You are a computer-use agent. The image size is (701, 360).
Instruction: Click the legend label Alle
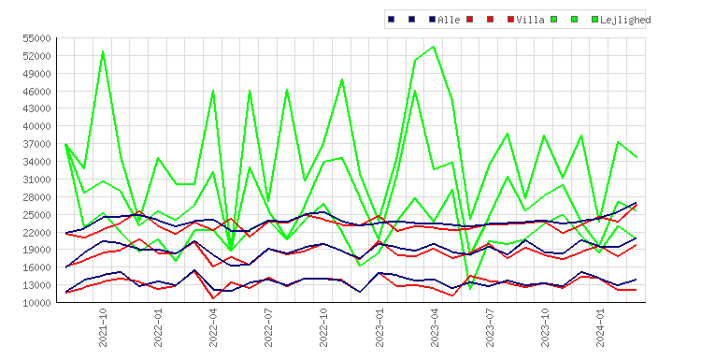pyautogui.click(x=449, y=20)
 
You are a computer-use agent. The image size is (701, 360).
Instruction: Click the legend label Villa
pyautogui.click(x=530, y=20)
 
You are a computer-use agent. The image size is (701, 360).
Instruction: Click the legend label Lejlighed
pyautogui.click(x=625, y=21)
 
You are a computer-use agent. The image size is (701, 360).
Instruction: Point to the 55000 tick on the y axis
pyautogui.click(x=36, y=38)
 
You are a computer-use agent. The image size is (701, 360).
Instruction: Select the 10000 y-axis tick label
pyautogui.click(x=36, y=303)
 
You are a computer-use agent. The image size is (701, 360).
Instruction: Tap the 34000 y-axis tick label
pyautogui.click(x=36, y=162)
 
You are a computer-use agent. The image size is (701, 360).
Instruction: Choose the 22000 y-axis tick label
pyautogui.click(x=36, y=232)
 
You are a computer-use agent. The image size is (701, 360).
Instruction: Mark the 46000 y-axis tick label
pyautogui.click(x=36, y=92)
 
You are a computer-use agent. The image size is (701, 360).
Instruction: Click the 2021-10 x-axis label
pyautogui.click(x=103, y=327)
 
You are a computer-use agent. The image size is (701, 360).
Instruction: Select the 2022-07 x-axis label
pyautogui.click(x=268, y=327)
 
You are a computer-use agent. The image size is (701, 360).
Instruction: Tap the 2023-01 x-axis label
pyautogui.click(x=379, y=327)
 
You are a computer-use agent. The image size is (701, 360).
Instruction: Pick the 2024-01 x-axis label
pyautogui.click(x=600, y=327)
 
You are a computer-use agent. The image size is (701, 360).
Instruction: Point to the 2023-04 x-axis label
pyautogui.click(x=435, y=327)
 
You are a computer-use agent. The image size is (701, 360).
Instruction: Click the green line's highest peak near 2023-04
pyautogui.click(x=434, y=47)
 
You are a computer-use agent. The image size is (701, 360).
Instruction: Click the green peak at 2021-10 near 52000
pyautogui.click(x=103, y=51)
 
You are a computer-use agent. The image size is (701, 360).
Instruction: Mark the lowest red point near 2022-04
pyautogui.click(x=213, y=298)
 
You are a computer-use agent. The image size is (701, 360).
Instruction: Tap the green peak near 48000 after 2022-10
pyautogui.click(x=342, y=79)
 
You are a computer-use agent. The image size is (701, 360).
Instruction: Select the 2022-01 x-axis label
pyautogui.click(x=158, y=327)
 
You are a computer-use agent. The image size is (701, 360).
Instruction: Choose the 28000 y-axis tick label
pyautogui.click(x=36, y=196)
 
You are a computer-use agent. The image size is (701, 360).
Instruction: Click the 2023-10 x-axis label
pyautogui.click(x=545, y=327)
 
